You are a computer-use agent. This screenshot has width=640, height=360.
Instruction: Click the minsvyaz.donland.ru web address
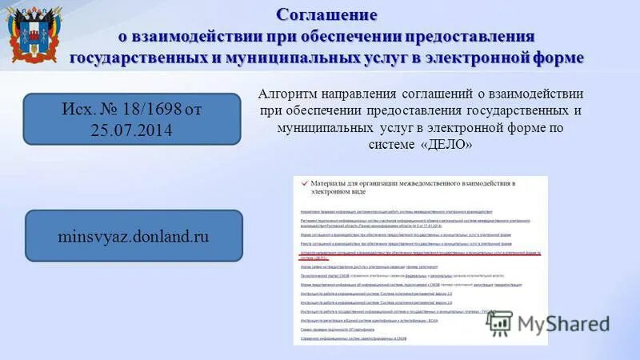pyautogui.click(x=133, y=236)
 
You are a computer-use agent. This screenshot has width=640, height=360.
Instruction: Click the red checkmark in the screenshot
pyautogui.click(x=302, y=184)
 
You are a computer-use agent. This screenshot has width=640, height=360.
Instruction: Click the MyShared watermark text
pyautogui.click(x=563, y=323)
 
